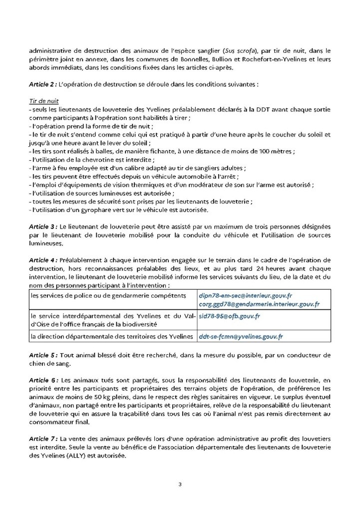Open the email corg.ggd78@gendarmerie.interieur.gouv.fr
tap(259, 303)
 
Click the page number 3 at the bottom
tap(180, 484)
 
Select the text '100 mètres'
tap(276, 151)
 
